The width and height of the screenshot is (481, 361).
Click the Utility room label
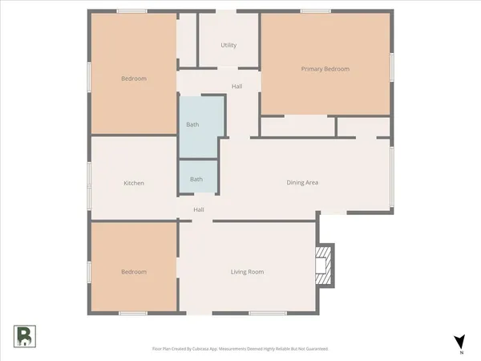228,45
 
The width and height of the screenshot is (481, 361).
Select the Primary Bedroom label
325,69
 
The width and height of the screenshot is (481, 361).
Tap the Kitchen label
134,183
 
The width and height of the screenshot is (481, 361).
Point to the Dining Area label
303,183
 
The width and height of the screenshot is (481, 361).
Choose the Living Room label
247,272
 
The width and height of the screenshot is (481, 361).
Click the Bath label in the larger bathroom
192,124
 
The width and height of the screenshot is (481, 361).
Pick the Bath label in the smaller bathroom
196,179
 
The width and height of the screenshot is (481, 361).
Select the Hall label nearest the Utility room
236,87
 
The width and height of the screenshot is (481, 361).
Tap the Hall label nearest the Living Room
199,209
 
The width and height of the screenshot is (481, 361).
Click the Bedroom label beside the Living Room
134,272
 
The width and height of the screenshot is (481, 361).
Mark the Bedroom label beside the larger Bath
134,79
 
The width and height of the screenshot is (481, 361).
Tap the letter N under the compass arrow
460,352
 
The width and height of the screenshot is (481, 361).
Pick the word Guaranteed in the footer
314,349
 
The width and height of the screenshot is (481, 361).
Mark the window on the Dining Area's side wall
391,175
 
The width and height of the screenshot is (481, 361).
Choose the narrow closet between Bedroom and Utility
187,40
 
